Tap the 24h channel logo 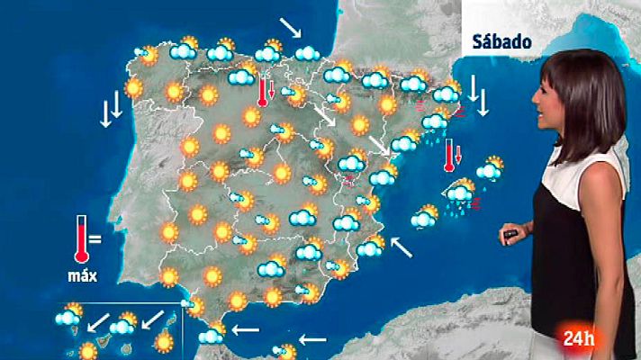coord(579,339)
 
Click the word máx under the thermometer coord(82,274)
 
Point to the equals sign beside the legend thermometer coord(95,239)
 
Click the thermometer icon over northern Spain coord(263,91)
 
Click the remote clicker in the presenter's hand coord(510,235)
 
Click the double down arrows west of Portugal coord(111,111)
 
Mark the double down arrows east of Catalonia coord(477,100)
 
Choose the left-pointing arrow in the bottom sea coord(311,339)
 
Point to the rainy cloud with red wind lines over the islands coord(462,194)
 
